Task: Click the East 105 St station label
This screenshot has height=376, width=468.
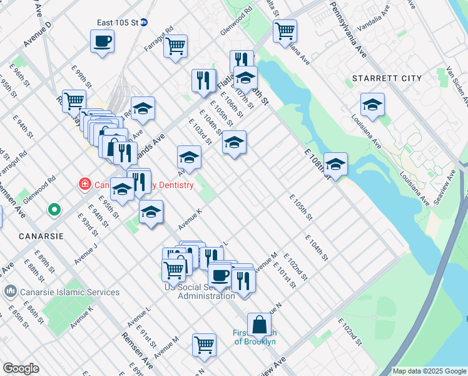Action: coord(117,23)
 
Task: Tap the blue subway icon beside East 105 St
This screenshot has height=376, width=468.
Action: coord(143,22)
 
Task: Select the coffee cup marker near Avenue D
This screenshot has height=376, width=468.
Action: coord(102,41)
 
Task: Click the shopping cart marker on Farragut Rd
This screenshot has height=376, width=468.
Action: coord(176,46)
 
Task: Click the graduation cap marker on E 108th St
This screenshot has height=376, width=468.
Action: coord(335,165)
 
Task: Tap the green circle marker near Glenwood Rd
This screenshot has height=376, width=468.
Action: coord(54,209)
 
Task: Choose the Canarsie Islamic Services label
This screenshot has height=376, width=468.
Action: coord(61,292)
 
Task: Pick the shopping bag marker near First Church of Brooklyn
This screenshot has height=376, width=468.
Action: coord(259,325)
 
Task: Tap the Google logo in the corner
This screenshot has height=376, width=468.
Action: coord(21,368)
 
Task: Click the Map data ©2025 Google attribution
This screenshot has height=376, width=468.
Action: coord(429,371)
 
